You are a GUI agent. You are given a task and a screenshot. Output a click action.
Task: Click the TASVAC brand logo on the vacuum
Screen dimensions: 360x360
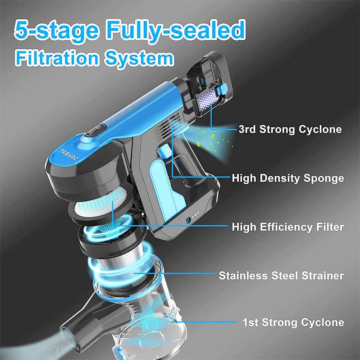point(69,155)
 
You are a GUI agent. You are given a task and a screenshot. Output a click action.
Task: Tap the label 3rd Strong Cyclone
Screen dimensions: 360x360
point(290,129)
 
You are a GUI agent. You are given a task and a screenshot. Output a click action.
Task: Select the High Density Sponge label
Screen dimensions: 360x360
point(288,178)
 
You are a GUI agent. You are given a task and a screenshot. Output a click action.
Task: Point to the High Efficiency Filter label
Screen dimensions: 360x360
point(288,227)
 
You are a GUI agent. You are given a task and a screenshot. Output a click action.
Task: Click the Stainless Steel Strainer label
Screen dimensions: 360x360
point(281,275)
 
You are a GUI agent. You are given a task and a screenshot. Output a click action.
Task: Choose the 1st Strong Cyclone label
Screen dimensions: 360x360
point(293,322)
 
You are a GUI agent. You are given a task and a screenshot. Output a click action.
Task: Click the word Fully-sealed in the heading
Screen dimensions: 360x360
point(176,30)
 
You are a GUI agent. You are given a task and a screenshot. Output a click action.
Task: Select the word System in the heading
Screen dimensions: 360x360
point(139,59)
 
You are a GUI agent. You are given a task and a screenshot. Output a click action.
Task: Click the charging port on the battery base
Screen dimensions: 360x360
point(189,220)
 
